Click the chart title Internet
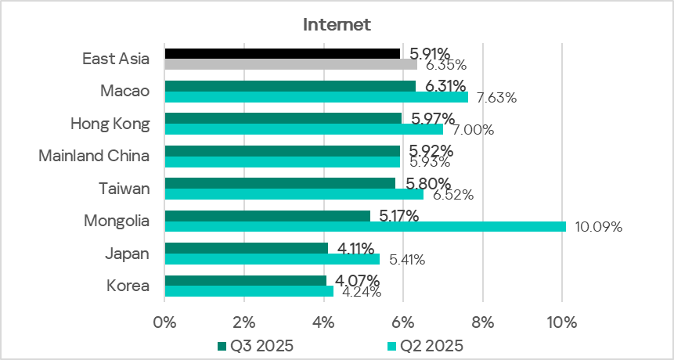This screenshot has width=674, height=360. pos(337,24)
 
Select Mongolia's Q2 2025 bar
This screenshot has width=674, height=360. pos(365,227)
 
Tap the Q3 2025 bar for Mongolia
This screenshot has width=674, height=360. pos(267,215)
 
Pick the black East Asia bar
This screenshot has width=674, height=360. pos(282,53)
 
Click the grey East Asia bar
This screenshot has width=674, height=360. pos(290,64)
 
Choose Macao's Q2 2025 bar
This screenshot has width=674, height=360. pos(316,97)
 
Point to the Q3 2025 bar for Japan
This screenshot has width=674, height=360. pos(246,248)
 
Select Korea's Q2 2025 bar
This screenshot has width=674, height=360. pos(249,291)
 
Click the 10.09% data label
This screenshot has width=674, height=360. pos(598,228)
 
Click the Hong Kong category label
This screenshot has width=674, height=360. pos(110,124)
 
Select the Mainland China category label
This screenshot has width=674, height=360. pos(94,156)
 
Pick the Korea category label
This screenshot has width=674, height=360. pos(128,286)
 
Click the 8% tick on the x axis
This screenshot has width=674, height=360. pos(482,322)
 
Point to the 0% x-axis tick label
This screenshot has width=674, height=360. pos(164,322)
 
